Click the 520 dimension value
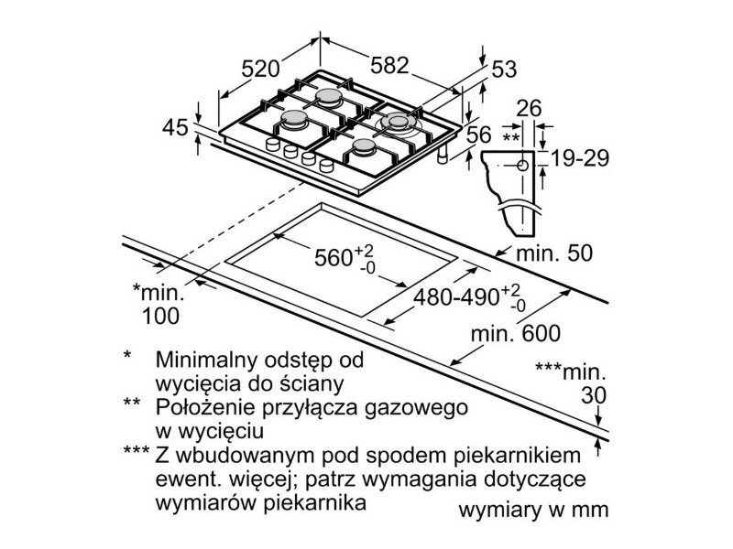pos(260,70)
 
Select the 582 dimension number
pos(389,65)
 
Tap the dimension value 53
pos(505,70)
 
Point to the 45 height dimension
pos(175,127)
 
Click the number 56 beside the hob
pos(479,135)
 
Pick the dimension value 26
pos(529,108)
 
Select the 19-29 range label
pos(580,158)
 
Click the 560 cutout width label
pos(345,257)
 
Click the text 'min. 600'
pos(516,334)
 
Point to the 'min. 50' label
pos(554,253)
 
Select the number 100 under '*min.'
pos(160,316)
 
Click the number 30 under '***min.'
pos(594,395)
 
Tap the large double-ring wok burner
pos(398,123)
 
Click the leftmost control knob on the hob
pos(272,145)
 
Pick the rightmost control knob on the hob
pos(326,166)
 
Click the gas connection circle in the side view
pos(522,166)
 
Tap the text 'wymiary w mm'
pos(533,510)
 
